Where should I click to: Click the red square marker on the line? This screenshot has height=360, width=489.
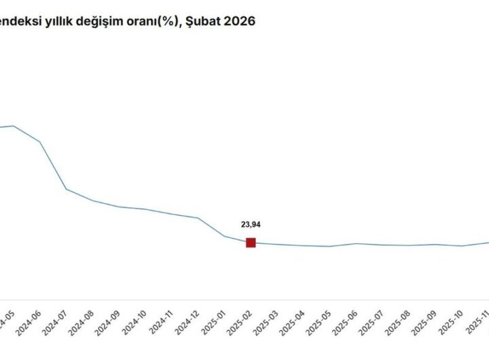(251, 242)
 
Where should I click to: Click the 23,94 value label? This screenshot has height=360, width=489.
(251, 223)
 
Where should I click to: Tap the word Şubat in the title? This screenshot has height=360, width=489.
(202, 21)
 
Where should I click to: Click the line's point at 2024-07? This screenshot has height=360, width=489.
(67, 189)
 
